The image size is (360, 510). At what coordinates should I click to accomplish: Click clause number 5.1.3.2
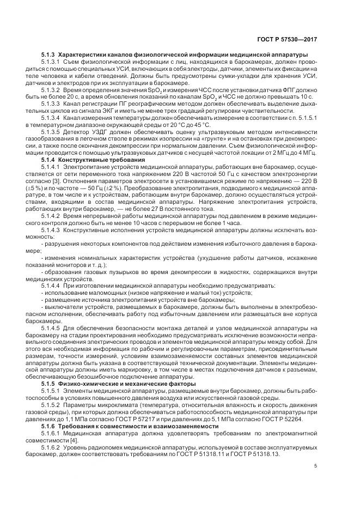click(x=51, y=90)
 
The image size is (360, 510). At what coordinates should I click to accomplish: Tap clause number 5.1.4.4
click(x=51, y=285)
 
